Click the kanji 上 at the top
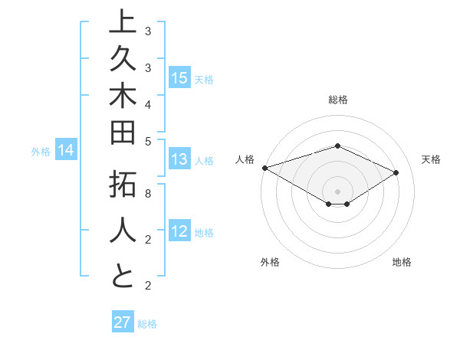point(123,23)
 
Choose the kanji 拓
point(123,187)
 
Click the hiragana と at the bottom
point(123,275)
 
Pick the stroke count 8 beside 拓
point(148,194)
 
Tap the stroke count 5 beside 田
point(148,140)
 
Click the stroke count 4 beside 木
point(148,103)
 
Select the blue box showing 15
point(179,78)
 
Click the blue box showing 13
point(179,159)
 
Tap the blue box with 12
point(179,232)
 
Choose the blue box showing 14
point(66,151)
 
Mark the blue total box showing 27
point(123,322)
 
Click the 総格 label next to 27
point(147,324)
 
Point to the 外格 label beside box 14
point(41,152)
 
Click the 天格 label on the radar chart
point(431,159)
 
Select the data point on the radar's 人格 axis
point(264,167)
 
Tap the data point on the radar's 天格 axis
point(396,172)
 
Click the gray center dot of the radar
point(337,191)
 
